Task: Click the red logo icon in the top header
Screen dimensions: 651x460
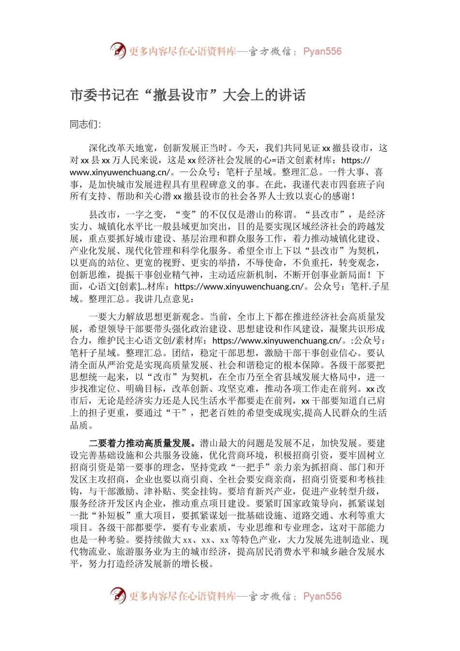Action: pos(118,50)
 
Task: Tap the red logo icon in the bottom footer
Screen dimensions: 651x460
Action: pos(118,595)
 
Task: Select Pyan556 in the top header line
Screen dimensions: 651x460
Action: pos(322,51)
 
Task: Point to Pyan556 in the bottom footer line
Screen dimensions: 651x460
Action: pos(322,596)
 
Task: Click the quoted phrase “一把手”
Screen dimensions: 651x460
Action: pos(247,467)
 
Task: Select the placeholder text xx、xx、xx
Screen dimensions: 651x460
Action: pos(205,540)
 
